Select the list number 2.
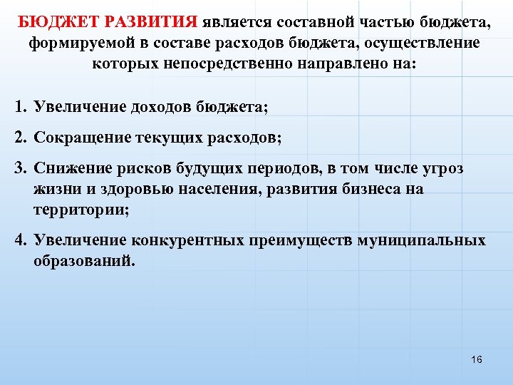coord(19,138)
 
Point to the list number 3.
coord(19,168)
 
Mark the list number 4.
coord(19,240)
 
